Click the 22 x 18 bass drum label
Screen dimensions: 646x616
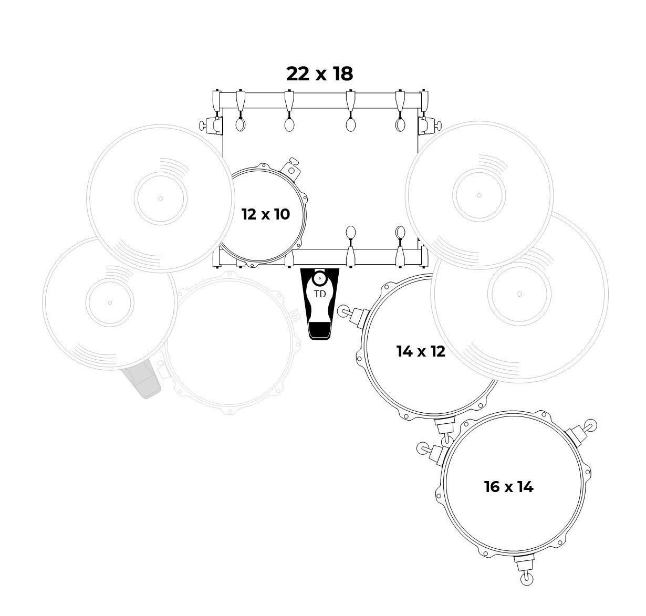click(319, 74)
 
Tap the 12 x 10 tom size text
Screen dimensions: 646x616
click(266, 214)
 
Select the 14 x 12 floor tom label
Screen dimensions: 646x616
click(421, 351)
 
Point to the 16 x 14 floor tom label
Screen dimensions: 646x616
click(508, 487)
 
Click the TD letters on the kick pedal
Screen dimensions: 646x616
click(320, 294)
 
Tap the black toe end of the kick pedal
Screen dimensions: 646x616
click(320, 331)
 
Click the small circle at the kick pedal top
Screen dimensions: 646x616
click(319, 278)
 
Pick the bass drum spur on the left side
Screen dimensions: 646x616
click(210, 125)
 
